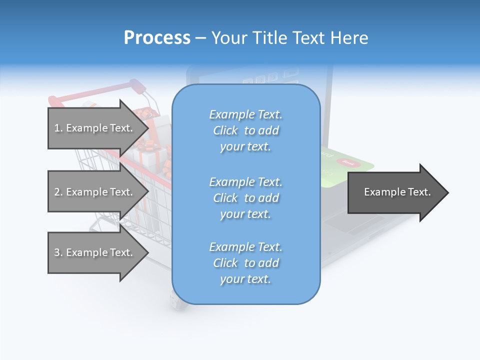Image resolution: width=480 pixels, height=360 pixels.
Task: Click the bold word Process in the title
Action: (157, 38)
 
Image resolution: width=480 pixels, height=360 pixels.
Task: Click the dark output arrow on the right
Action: (395, 192)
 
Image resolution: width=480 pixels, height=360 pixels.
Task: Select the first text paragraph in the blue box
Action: (245, 130)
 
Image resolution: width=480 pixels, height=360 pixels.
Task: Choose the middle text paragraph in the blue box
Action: (245, 198)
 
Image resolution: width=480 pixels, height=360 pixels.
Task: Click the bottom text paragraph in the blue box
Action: (245, 263)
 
